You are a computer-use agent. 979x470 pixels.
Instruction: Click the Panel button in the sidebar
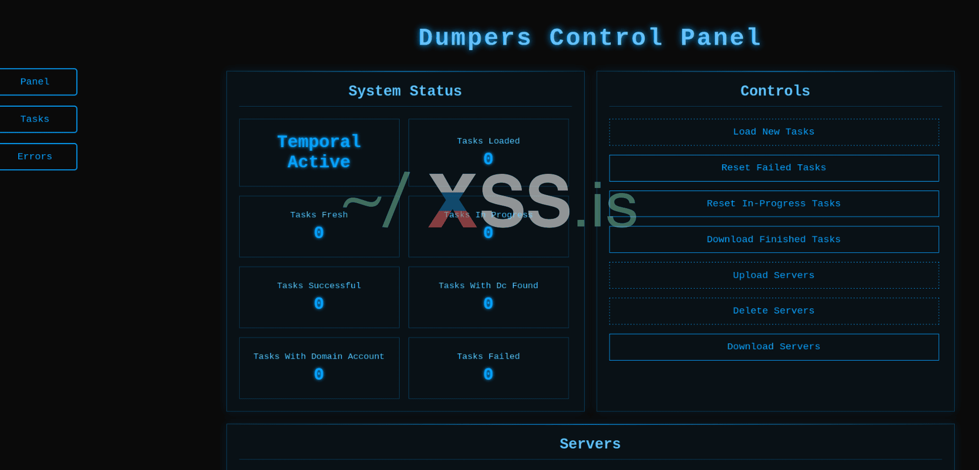click(x=35, y=82)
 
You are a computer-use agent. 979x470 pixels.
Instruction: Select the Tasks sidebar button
click(x=35, y=119)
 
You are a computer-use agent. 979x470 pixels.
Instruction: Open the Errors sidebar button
click(x=35, y=157)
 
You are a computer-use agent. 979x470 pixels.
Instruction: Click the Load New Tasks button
click(x=774, y=132)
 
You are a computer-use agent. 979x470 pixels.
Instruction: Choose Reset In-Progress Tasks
click(x=774, y=204)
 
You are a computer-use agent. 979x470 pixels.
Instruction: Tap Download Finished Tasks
click(x=774, y=240)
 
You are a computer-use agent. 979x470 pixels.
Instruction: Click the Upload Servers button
click(x=774, y=275)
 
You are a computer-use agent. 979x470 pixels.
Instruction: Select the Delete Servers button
click(x=774, y=311)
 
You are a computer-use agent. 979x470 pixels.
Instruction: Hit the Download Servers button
click(x=774, y=347)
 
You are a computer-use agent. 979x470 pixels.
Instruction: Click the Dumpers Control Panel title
click(x=590, y=38)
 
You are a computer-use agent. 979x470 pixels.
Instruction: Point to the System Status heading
click(x=405, y=91)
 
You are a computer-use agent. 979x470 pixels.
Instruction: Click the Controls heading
click(x=775, y=91)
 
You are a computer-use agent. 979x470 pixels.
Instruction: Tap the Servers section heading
click(x=590, y=444)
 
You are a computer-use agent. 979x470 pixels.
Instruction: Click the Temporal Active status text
click(x=319, y=152)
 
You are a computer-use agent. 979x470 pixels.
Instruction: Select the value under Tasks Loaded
click(x=488, y=159)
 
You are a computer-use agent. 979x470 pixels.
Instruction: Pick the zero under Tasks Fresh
click(x=319, y=233)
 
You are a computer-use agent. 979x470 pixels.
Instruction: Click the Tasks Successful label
click(x=319, y=286)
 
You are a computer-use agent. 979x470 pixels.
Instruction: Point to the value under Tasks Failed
click(x=488, y=374)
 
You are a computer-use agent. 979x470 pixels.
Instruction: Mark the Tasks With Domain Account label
click(x=319, y=356)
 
